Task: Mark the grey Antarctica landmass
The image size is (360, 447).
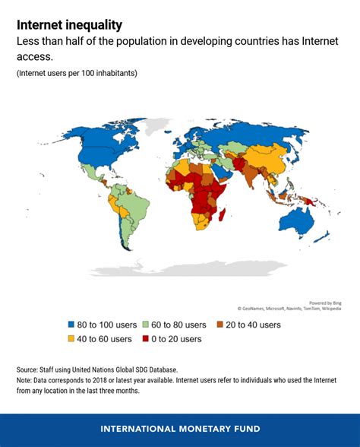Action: (190, 267)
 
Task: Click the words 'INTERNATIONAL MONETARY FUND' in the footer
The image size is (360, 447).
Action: (180, 430)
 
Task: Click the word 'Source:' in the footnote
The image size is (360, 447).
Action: (30, 369)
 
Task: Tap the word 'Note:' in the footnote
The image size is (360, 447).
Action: (27, 381)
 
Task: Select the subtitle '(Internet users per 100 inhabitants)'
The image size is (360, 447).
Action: (77, 73)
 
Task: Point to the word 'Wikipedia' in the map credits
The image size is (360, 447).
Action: (327, 309)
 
